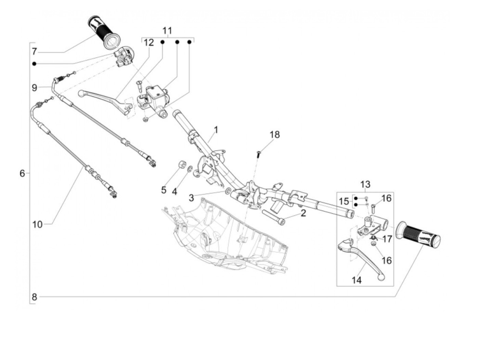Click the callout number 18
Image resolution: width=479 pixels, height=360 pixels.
pos(274,134)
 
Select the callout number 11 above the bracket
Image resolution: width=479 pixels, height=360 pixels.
pos(167,31)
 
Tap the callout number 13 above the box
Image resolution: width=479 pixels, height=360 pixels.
pos(365,184)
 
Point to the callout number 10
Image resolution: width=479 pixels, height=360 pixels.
pos(37,224)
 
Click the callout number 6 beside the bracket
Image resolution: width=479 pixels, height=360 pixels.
pos(22,174)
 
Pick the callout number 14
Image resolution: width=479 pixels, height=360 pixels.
pos(357,280)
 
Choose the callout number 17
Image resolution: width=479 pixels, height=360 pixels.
pos(387,239)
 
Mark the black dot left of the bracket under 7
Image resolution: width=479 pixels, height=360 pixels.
pos(34,64)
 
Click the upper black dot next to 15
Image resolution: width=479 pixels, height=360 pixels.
pos(356,198)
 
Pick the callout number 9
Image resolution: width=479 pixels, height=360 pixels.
pos(35,88)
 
